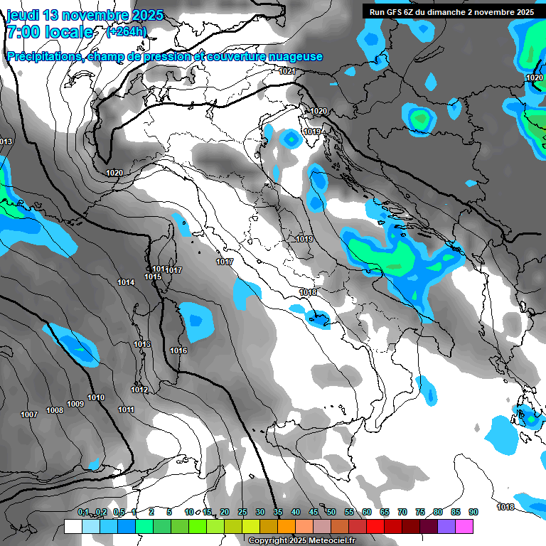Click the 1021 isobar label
pyautogui.click(x=287, y=71)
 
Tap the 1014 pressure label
pyautogui.click(x=126, y=282)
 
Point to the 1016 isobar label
pyautogui.click(x=178, y=350)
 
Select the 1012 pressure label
pyautogui.click(x=139, y=390)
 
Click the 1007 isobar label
pyautogui.click(x=29, y=414)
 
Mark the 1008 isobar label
pyautogui.click(x=55, y=410)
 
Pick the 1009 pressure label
pyautogui.click(x=75, y=404)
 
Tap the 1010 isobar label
pyautogui.click(x=96, y=397)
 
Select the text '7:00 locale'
pyautogui.click(x=49, y=32)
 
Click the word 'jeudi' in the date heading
pyautogui.click(x=24, y=15)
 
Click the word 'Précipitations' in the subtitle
pyautogui.click(x=44, y=57)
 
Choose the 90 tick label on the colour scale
pyautogui.click(x=473, y=512)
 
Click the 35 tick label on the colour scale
pyautogui.click(x=278, y=512)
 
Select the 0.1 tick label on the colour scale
pyautogui.click(x=83, y=512)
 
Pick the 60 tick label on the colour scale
pyautogui.click(x=367, y=512)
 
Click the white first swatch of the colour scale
pyautogui.click(x=73, y=526)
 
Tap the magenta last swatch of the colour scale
pyautogui.click(x=464, y=526)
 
